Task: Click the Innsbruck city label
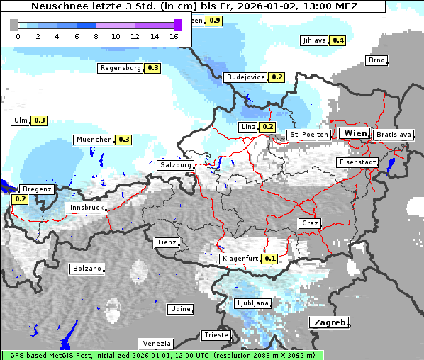tap(86, 208)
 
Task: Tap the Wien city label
tap(355, 133)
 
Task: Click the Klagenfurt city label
tap(240, 259)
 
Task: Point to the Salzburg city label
tap(175, 164)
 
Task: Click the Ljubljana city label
tap(253, 303)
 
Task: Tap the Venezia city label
tap(155, 343)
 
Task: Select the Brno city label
tap(376, 60)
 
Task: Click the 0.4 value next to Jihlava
tap(338, 40)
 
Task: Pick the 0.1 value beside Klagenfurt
tap(270, 259)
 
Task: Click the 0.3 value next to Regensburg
tap(152, 68)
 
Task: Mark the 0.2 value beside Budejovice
tap(277, 77)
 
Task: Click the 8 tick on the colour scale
tap(96, 37)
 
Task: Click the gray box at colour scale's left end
tap(14, 25)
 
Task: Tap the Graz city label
tap(310, 223)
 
